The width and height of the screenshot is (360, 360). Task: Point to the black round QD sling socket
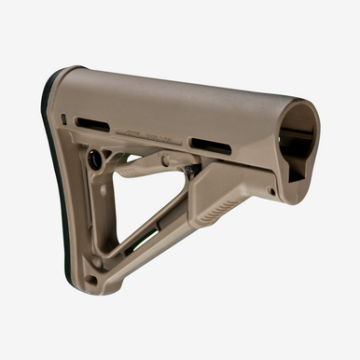95,159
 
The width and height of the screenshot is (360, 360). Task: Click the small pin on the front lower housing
270,191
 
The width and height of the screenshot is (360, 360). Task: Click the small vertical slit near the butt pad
62,119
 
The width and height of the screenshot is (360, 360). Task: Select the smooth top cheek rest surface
177,93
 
